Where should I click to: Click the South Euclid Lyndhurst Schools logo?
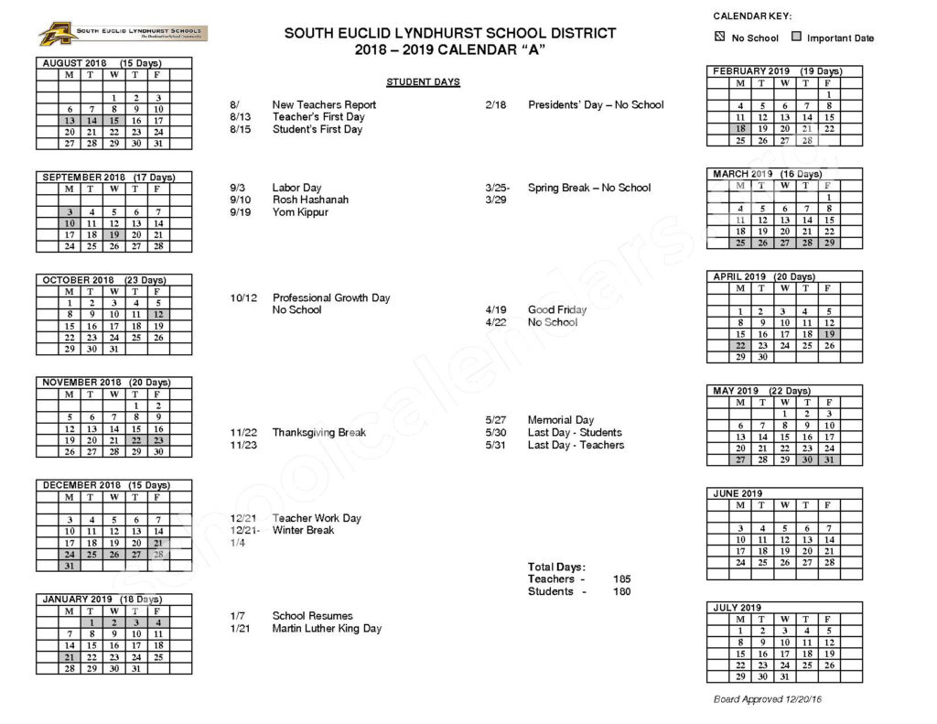[x=123, y=35]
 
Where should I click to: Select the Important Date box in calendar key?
[x=796, y=38]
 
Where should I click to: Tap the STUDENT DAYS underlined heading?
[x=423, y=82]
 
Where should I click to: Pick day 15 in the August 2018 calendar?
[x=113, y=120]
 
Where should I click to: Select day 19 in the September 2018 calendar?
[x=113, y=234]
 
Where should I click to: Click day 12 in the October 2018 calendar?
[x=158, y=314]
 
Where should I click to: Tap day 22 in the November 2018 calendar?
[x=135, y=439]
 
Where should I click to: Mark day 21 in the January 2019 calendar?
[x=69, y=656]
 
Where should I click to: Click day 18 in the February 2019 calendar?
[x=740, y=129]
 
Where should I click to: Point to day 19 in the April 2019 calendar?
[x=829, y=334]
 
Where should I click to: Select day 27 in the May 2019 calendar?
[x=740, y=459]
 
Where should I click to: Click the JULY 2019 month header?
[x=737, y=608]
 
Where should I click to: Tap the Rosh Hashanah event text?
[x=310, y=200]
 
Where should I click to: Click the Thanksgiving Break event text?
[x=318, y=432]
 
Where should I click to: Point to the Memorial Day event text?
[x=561, y=420]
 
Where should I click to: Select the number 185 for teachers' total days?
[x=621, y=579]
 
